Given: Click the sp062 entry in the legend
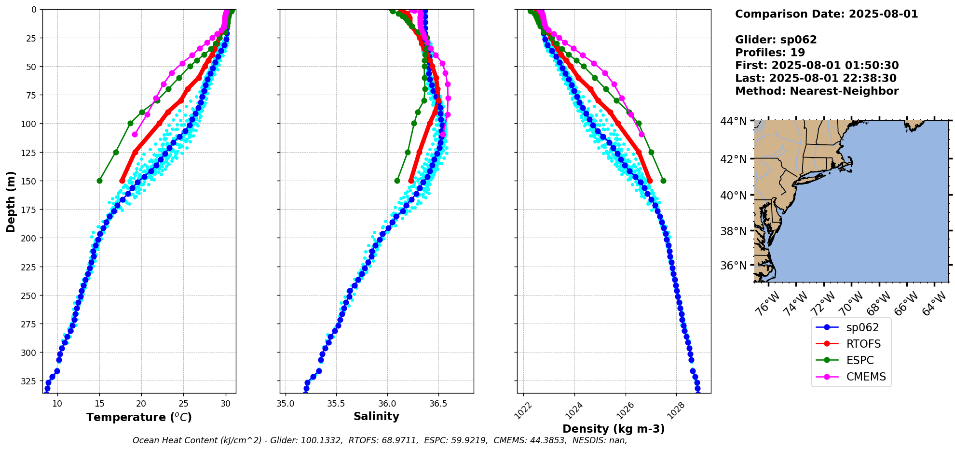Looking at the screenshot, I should pyautogui.click(x=862, y=327).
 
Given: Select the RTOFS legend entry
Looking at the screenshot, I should pyautogui.click(x=863, y=344).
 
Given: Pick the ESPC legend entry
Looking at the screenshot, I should pyautogui.click(x=859, y=360).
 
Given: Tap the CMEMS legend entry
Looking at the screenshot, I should pyautogui.click(x=866, y=377).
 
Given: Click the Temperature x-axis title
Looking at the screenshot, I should pyautogui.click(x=139, y=417).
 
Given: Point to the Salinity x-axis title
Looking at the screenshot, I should pyautogui.click(x=376, y=416).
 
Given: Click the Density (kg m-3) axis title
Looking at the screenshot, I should pyautogui.click(x=614, y=429).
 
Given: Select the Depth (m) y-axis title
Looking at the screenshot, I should pyautogui.click(x=11, y=201).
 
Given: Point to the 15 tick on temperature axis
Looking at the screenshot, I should pyautogui.click(x=99, y=404).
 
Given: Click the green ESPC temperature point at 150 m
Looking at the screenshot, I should pyautogui.click(x=99, y=181).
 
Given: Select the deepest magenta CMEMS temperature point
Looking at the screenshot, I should pyautogui.click(x=135, y=134).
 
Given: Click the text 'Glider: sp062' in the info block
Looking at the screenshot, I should pyautogui.click(x=776, y=40).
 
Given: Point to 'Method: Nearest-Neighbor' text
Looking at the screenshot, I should pyautogui.click(x=817, y=91).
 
